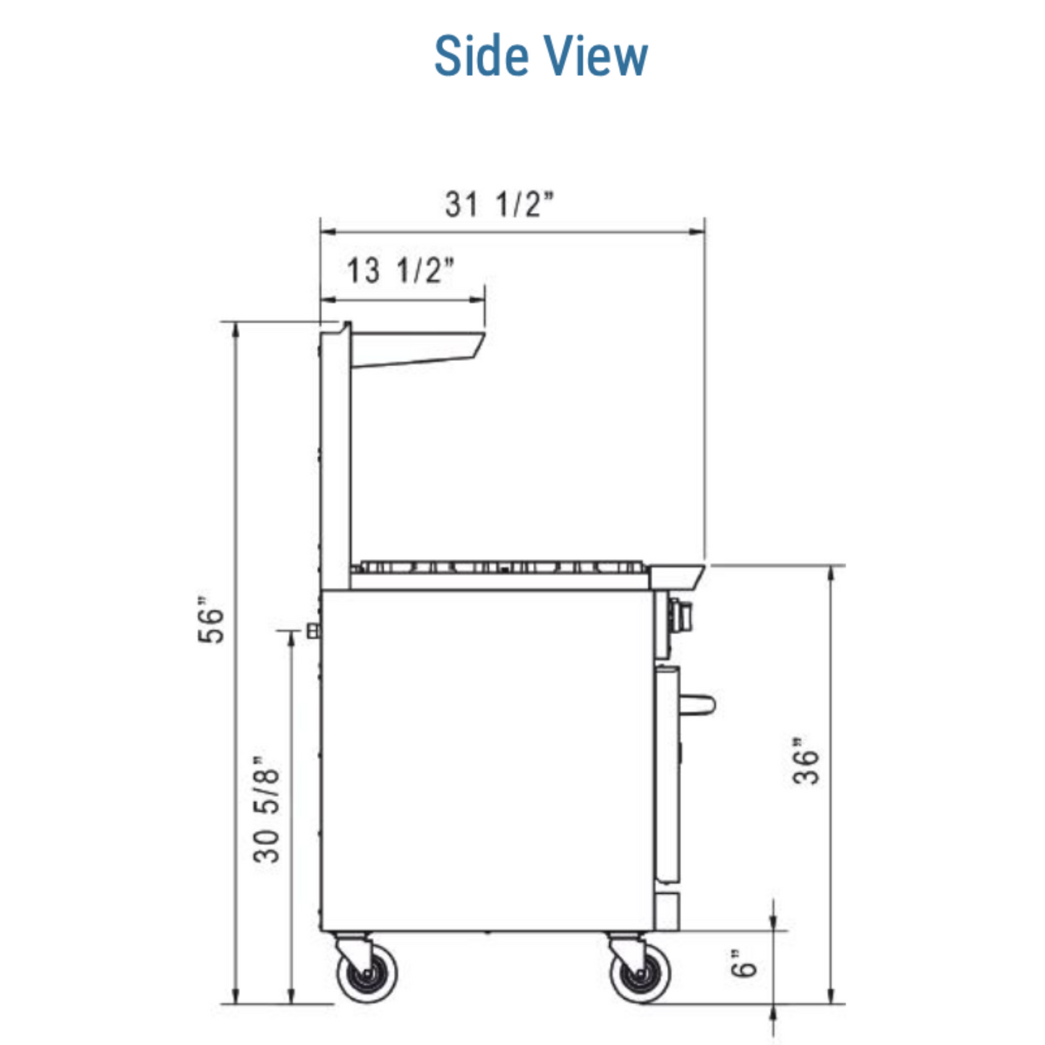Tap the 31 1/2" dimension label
click(x=500, y=205)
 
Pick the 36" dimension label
click(x=805, y=761)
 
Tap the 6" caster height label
click(x=743, y=963)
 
